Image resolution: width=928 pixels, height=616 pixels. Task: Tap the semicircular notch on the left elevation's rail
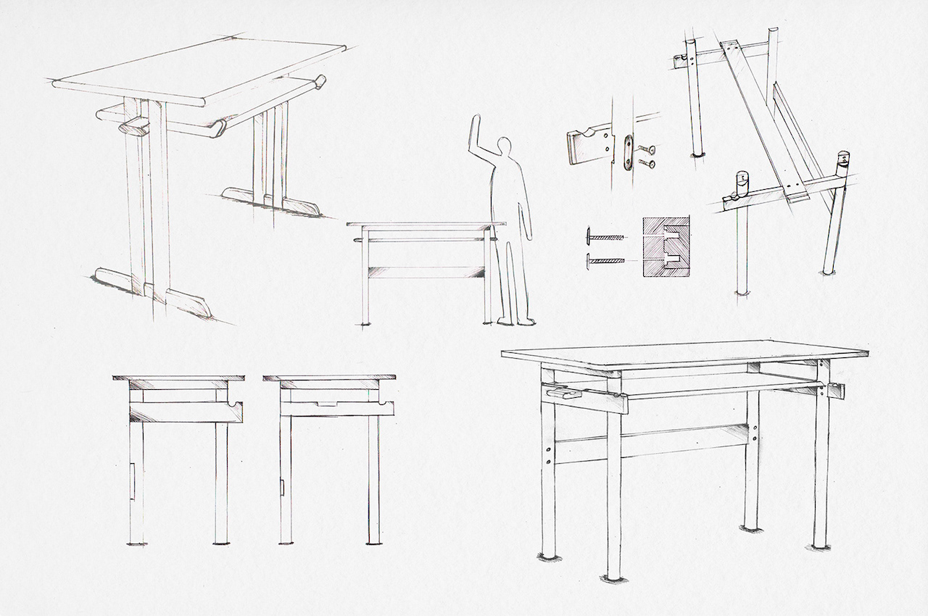(x=233, y=401)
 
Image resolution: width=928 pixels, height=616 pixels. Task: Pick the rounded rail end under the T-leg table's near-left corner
(x=134, y=128)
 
